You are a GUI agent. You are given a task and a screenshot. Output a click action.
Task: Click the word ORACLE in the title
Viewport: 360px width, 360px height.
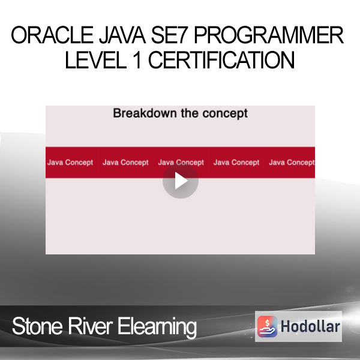(x=52, y=35)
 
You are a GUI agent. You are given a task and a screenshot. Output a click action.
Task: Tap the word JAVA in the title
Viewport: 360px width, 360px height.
(x=122, y=35)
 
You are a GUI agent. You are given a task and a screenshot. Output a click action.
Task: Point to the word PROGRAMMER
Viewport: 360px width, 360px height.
(x=269, y=35)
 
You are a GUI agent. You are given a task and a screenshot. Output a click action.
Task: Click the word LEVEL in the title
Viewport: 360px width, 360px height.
(x=96, y=60)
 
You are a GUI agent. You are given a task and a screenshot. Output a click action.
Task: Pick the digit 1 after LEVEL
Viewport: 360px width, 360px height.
(x=137, y=60)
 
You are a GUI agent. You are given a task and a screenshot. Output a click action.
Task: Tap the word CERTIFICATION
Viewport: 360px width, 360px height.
(x=221, y=60)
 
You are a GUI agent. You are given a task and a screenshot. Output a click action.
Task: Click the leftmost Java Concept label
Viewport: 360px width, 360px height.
(x=70, y=163)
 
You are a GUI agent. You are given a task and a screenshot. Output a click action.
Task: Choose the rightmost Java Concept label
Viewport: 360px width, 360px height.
(x=292, y=163)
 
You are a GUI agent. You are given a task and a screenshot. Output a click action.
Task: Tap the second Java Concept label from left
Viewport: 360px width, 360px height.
(x=125, y=163)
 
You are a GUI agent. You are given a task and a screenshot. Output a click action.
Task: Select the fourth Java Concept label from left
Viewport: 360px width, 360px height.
(x=236, y=163)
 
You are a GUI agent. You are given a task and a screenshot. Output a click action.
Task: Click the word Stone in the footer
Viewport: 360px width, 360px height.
(x=37, y=326)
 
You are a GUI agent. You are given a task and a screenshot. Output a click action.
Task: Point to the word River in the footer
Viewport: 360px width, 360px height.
(x=90, y=326)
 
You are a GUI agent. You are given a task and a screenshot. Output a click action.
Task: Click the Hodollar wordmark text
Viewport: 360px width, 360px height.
(x=310, y=326)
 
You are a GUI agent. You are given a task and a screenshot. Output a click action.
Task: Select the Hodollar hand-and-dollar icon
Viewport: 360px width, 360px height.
(x=267, y=326)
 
